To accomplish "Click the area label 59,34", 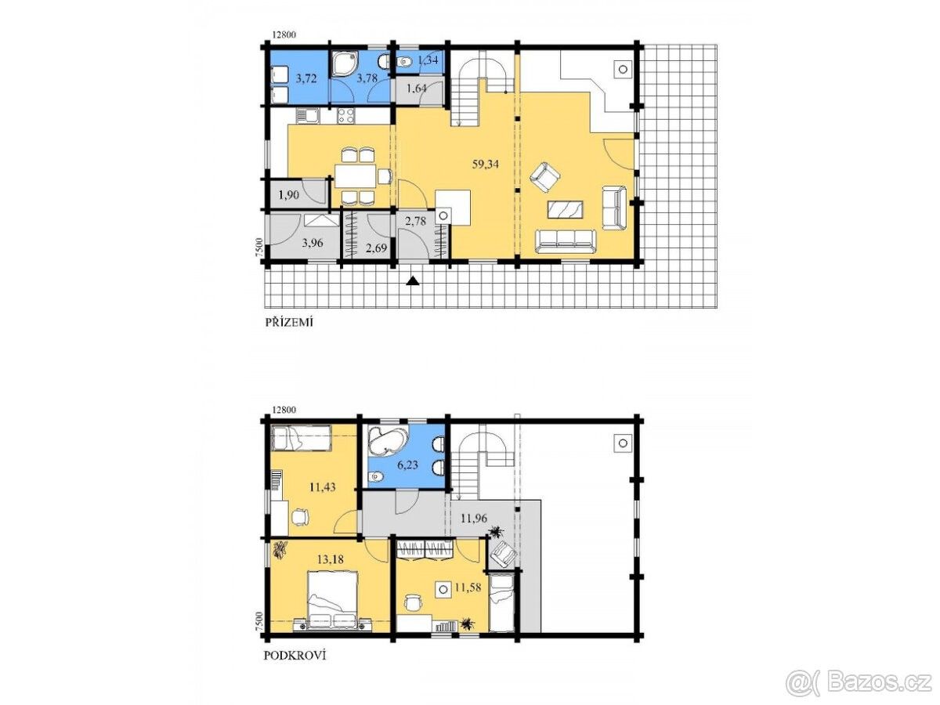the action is coord(485,164).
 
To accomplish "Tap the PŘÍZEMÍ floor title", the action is coord(289,322).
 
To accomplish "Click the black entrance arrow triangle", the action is coord(412,280).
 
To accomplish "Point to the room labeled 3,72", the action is coord(306,78).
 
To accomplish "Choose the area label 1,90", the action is coord(288,195).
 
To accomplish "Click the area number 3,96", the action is coord(313,243).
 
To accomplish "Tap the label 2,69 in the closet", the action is coord(377,248).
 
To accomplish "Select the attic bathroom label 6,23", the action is coord(407,465).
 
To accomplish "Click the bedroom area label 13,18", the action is coord(331,559).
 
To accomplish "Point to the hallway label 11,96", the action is coord(474,519).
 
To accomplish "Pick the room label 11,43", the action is coord(323,486).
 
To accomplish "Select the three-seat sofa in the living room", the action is coord(566,241).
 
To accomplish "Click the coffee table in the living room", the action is coord(566,210).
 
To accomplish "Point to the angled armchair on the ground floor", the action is coord(544,177).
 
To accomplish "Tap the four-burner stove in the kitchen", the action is coord(346,116).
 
